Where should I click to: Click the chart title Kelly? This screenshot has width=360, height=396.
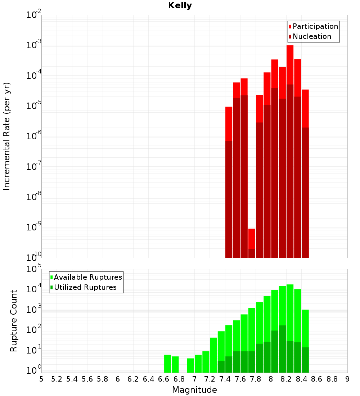pyautogui.click(x=180, y=6)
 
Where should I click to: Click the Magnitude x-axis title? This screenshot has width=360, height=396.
pyautogui.click(x=194, y=390)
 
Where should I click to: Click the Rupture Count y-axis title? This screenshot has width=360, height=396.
pyautogui.click(x=14, y=321)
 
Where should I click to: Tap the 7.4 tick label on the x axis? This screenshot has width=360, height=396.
pyautogui.click(x=225, y=379)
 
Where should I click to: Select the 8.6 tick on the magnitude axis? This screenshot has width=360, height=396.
pyautogui.click(x=317, y=379)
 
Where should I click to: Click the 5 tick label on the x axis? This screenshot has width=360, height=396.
pyautogui.click(x=41, y=379)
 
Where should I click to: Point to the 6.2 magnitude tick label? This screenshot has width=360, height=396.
pyautogui.click(x=133, y=379)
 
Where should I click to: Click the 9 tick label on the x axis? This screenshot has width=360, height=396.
pyautogui.click(x=347, y=379)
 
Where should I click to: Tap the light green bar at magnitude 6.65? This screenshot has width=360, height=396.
pyautogui.click(x=167, y=364)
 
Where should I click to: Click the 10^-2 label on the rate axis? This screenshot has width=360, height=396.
pyautogui.click(x=34, y=15)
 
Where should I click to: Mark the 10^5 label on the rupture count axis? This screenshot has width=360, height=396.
pyautogui.click(x=34, y=269)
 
